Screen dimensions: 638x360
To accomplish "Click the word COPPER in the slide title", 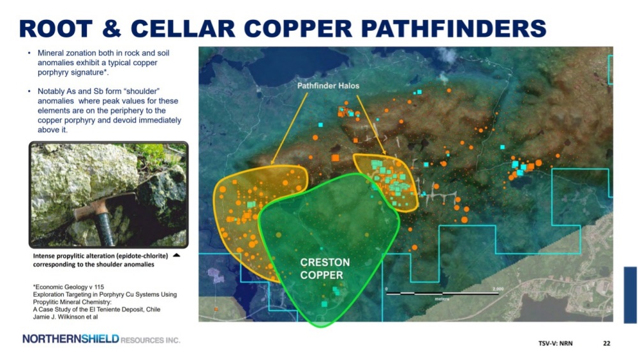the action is [x=297, y=29].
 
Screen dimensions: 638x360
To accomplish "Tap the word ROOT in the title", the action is [x=56, y=29].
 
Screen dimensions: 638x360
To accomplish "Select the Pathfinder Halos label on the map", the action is [x=328, y=86].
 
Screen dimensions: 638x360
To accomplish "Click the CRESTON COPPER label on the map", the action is [x=325, y=269].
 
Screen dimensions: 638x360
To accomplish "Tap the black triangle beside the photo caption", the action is [x=177, y=255].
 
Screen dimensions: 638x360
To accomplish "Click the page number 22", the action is [x=606, y=343].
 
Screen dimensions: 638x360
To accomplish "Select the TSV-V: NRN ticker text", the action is [x=556, y=343].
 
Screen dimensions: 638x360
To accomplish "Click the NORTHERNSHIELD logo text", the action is [x=71, y=339].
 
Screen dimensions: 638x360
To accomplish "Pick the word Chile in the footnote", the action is [x=153, y=309].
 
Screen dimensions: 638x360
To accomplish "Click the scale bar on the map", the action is [x=442, y=293].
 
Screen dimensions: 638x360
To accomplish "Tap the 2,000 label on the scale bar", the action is [x=498, y=289].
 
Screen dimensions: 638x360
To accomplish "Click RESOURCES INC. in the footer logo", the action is [x=150, y=340].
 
